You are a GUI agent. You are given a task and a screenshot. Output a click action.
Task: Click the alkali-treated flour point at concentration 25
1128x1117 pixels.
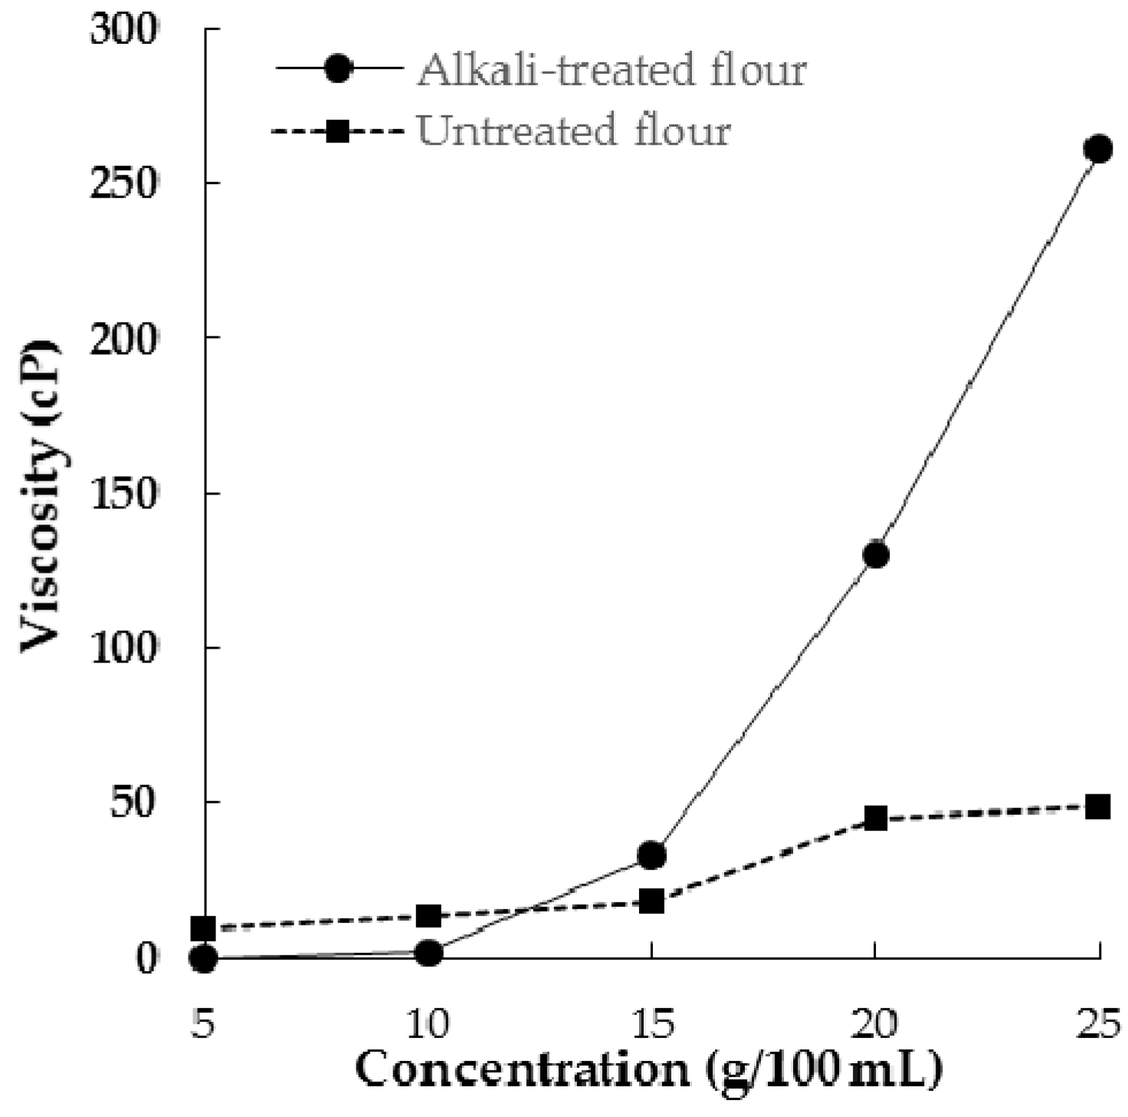coord(1098,149)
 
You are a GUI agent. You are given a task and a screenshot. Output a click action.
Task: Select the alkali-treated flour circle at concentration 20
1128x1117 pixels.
coord(875,554)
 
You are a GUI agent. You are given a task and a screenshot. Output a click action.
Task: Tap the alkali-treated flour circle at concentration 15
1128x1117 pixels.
coord(651,855)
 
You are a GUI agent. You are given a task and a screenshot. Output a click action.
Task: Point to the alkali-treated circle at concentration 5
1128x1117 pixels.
coord(204,958)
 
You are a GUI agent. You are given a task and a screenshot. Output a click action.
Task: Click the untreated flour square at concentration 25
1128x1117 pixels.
coord(1098,807)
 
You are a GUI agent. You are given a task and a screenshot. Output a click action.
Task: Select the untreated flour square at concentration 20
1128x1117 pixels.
coord(875,818)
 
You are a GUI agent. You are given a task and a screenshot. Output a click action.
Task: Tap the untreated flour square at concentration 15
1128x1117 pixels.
coord(651,901)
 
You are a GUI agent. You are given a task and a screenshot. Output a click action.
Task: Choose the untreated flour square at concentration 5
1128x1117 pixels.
coord(204,928)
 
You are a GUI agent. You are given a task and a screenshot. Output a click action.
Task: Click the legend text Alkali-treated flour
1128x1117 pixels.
coord(611,70)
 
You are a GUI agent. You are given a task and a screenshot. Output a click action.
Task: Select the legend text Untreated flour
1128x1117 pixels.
coord(573,130)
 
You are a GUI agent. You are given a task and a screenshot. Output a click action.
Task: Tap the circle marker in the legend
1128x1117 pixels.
coord(338,68)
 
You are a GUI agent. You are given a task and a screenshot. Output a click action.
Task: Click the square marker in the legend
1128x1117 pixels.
coord(338,132)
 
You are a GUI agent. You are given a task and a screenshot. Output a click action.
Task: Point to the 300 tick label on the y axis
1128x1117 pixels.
coord(123,31)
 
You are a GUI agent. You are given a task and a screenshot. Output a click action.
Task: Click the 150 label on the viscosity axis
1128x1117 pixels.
coord(123,493)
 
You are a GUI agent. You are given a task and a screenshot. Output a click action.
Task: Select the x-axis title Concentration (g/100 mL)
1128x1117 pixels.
coord(648,1069)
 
